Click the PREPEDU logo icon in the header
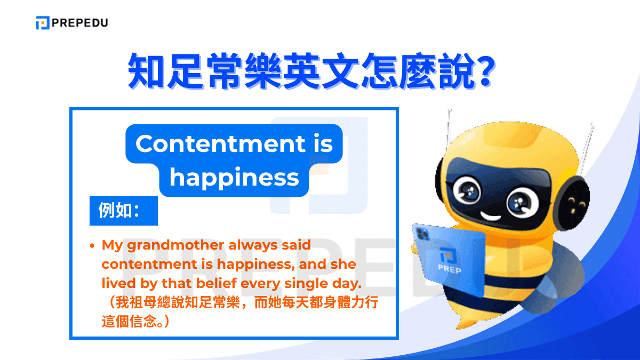click(x=42, y=23)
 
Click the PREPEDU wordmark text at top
click(x=79, y=23)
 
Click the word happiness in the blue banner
click(x=234, y=178)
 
